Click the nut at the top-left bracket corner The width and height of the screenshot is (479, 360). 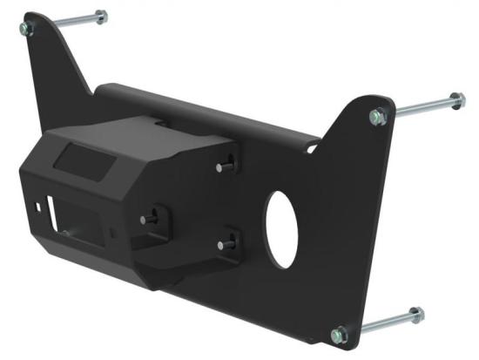point(25,28)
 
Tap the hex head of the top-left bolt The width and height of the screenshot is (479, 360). point(101,16)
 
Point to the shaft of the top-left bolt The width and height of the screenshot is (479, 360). point(65,22)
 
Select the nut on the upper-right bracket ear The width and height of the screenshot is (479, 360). point(377,116)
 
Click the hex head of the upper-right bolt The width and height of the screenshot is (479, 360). point(458,98)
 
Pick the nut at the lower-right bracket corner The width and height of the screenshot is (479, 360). point(340,333)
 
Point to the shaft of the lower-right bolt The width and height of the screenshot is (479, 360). point(380,323)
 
